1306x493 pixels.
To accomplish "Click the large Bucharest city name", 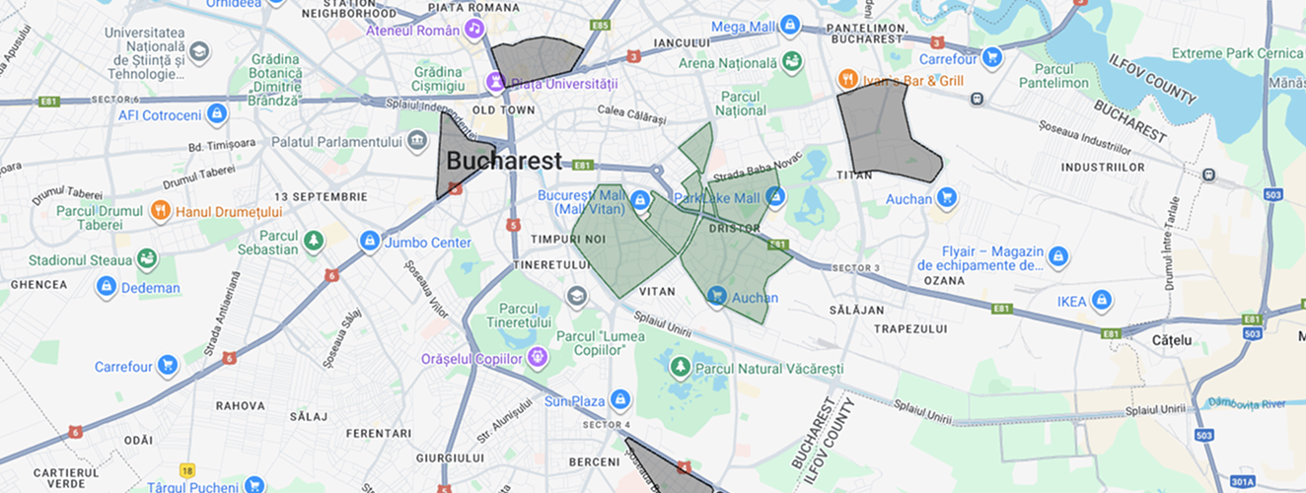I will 504,161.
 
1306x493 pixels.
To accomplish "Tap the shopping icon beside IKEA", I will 1102,301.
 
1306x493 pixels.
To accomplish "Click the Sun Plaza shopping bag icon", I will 619,400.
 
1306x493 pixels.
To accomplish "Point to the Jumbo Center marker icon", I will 370,241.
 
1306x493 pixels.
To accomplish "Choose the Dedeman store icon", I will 107,287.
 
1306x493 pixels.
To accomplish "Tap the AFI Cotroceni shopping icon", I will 217,114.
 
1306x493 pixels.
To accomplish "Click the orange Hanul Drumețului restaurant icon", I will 160,211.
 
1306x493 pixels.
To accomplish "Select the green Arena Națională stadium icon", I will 791,63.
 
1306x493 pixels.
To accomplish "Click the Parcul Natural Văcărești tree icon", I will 680,368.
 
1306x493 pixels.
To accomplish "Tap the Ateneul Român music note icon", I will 475,30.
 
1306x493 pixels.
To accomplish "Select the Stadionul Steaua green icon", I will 147,259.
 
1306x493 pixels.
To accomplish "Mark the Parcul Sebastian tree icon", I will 314,241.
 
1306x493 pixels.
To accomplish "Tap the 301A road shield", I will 1242,481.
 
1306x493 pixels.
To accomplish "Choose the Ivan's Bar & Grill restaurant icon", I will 847,79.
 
